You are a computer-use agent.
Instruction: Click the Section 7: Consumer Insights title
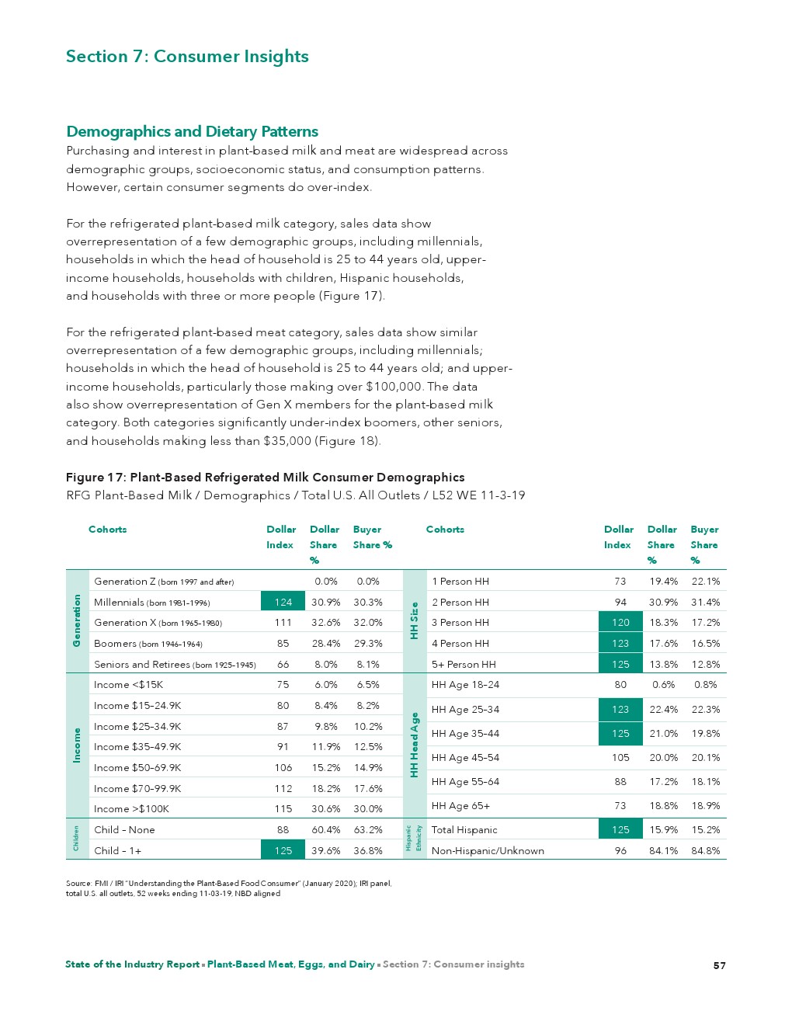pos(187,57)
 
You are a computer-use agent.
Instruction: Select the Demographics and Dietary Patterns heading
pos(192,131)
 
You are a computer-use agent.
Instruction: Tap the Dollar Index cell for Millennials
pos(283,602)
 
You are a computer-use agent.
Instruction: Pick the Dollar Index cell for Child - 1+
pos(283,850)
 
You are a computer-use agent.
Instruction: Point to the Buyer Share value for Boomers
pos(368,644)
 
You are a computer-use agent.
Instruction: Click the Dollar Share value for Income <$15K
pos(325,685)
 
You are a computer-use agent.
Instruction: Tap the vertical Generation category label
pos(77,620)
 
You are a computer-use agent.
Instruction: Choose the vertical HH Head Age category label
pos(415,745)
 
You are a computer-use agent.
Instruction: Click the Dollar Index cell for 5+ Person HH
pos(620,665)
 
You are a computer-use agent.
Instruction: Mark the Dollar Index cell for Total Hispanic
pos(620,829)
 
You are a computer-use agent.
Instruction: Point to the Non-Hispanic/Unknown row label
pos(488,850)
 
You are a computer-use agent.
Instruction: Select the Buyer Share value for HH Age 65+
pos(705,806)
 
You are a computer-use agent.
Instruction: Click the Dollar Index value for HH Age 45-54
pos(620,758)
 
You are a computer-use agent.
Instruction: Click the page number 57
pos(720,965)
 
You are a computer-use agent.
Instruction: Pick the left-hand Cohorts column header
pos(108,530)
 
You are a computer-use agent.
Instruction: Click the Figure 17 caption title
pos(265,478)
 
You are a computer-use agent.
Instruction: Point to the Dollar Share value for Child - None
pos(325,829)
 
